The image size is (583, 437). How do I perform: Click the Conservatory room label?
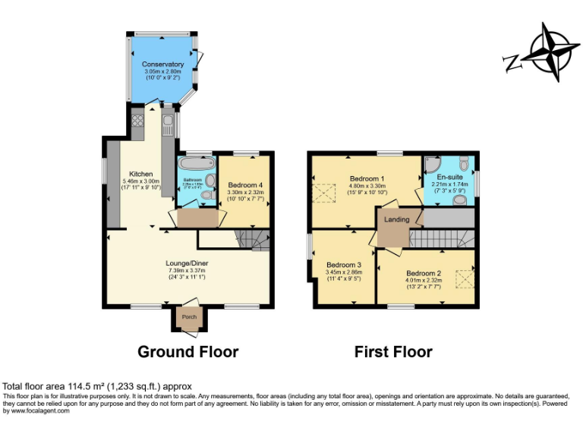[x=162, y=64]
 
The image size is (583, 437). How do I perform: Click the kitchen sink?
[x=168, y=121]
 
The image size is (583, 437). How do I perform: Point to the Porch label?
[x=188, y=317]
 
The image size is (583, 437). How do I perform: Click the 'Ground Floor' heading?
[x=188, y=352]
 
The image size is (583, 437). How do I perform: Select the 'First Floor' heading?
[x=393, y=352]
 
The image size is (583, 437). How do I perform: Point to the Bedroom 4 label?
[x=246, y=186]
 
